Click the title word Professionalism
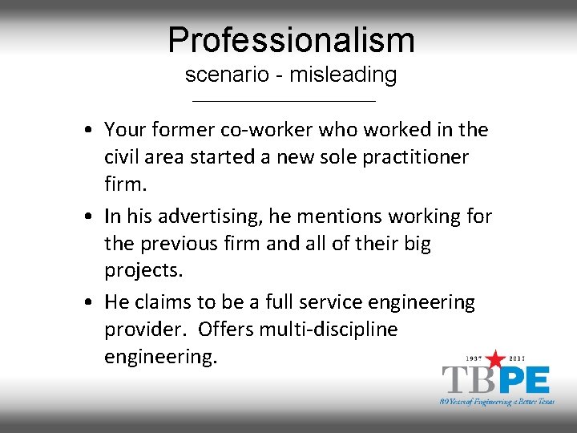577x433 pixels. (291, 40)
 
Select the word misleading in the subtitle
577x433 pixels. (343, 75)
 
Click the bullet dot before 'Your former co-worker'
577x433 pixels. (94, 130)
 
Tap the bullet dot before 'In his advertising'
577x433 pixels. (94, 216)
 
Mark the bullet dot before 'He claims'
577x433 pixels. (94, 303)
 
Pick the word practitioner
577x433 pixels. (411, 156)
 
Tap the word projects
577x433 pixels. (143, 270)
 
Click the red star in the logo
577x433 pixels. (497, 358)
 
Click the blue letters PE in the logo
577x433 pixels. (524, 380)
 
